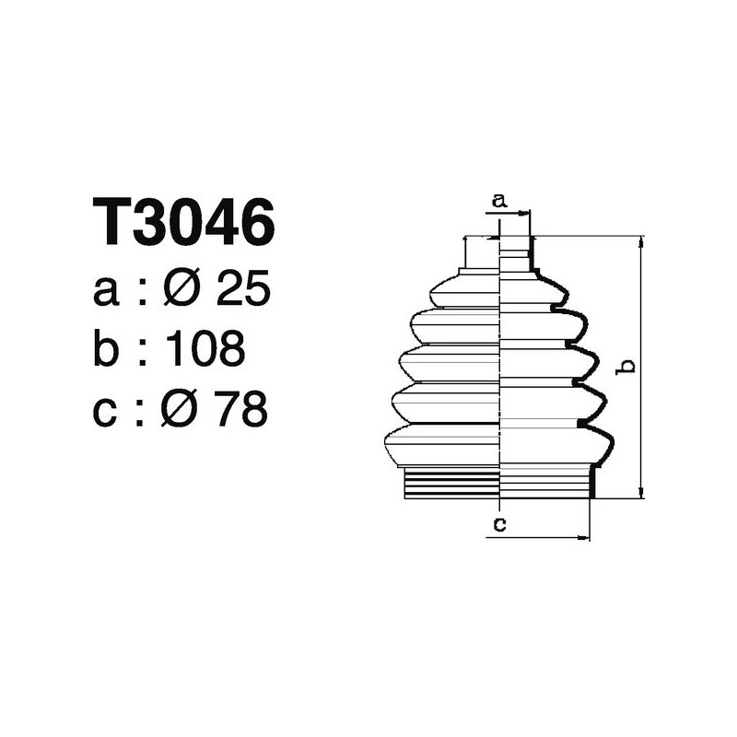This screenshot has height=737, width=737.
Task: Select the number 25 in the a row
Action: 241,291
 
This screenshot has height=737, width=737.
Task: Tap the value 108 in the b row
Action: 205,349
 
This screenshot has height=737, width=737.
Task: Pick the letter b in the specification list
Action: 107,349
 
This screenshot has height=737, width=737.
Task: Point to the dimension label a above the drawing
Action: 498,199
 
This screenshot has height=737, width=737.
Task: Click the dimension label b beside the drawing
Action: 628,367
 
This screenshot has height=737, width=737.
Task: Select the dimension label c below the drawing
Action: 498,525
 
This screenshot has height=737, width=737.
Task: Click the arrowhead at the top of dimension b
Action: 640,241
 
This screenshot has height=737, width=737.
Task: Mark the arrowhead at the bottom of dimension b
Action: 640,493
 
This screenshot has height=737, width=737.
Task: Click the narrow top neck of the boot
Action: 497,252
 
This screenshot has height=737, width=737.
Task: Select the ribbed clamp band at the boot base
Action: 498,485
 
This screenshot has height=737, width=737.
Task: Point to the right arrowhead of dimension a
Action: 526,214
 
